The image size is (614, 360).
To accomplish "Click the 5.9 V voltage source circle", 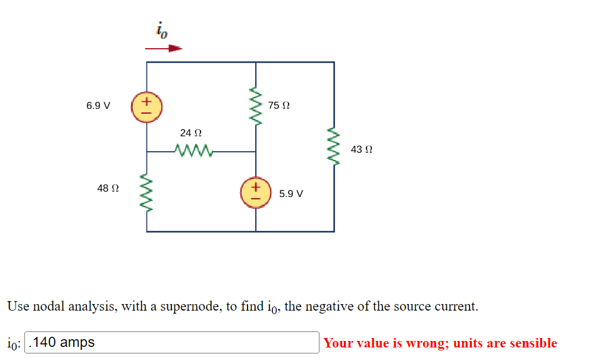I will pyautogui.click(x=256, y=193).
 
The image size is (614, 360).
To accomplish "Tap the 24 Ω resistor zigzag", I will pyautogui.click(x=193, y=149).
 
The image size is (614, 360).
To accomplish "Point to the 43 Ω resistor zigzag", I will pyautogui.click(x=334, y=149).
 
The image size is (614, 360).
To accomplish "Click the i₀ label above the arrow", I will pyautogui.click(x=161, y=30).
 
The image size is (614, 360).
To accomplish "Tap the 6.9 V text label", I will pyautogui.click(x=98, y=106).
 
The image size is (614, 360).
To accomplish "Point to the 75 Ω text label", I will pyautogui.click(x=279, y=106).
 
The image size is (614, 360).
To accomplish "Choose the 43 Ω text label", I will pyautogui.click(x=362, y=149).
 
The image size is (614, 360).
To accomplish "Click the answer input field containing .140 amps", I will pyautogui.click(x=173, y=343).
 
